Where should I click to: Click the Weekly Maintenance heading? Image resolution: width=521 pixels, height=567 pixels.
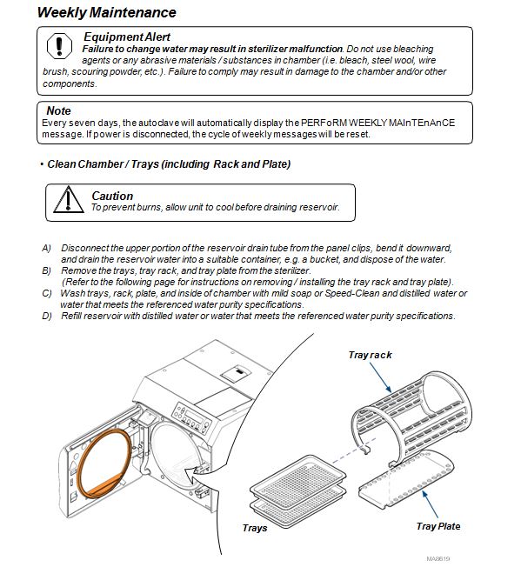tap(107, 12)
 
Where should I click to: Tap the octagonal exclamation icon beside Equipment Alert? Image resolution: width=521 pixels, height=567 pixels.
tap(59, 46)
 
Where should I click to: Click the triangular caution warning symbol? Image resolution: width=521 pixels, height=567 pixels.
tap(69, 200)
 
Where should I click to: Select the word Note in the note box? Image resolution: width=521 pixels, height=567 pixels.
tap(58, 110)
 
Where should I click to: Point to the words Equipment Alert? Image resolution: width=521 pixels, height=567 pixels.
tap(127, 37)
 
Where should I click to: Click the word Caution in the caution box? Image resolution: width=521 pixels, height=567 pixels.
tap(112, 196)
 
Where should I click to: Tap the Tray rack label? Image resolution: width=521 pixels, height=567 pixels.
tap(370, 355)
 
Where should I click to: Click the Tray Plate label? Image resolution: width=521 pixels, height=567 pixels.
tap(438, 526)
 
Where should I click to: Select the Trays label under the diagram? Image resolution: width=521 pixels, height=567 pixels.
tap(255, 528)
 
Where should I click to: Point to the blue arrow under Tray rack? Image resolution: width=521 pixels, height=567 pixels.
tap(380, 377)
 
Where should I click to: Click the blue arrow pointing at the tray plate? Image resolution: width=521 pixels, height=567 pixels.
tap(431, 504)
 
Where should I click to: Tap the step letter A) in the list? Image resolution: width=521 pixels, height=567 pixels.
tap(46, 248)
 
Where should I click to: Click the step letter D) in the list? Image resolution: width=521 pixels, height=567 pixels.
tap(47, 316)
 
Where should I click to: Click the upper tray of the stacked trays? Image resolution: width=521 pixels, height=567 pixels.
tap(298, 478)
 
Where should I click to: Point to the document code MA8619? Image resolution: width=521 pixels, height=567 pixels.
tap(438, 558)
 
